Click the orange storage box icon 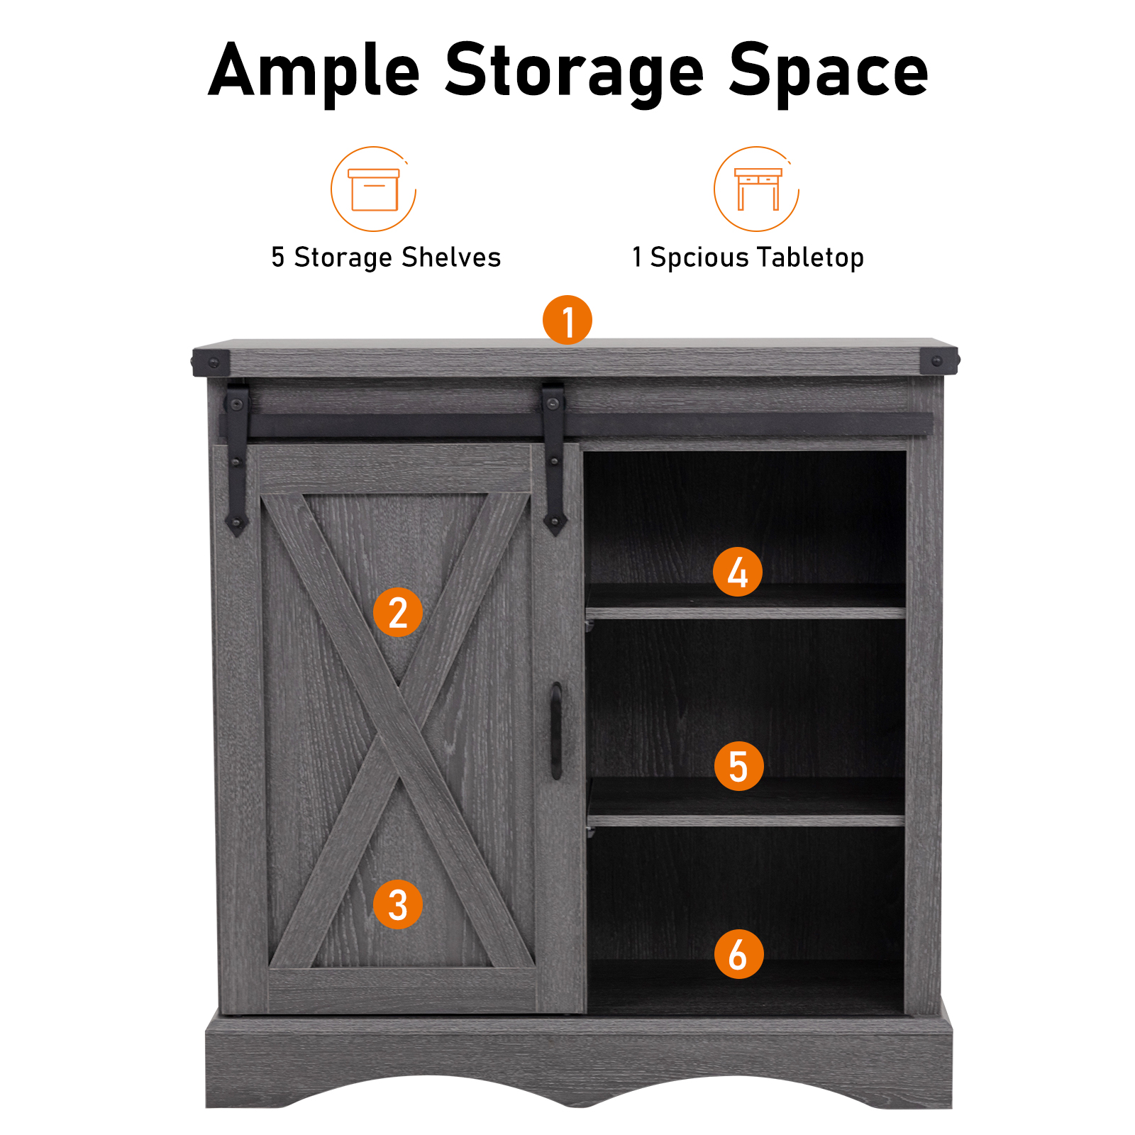373,189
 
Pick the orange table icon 757,189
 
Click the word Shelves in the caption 451,257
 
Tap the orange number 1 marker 567,320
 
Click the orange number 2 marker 398,612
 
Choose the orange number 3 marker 398,904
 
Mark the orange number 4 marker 738,572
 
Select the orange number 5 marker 738,766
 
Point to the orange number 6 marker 738,954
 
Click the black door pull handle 557,731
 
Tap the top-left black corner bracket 211,362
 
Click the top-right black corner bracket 940,361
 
